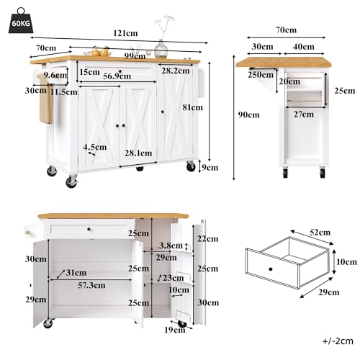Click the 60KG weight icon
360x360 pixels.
20,21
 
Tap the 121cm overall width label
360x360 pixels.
125,33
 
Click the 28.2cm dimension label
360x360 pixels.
175,71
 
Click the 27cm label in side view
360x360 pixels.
304,113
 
